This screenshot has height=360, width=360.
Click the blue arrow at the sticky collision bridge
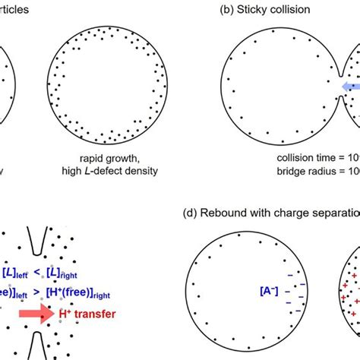pos(349,87)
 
